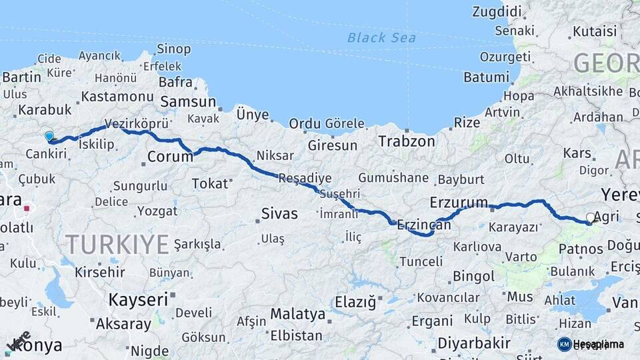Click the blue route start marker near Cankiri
(x=49, y=137)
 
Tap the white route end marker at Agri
(x=591, y=217)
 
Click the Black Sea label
(x=381, y=37)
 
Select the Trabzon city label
(x=406, y=141)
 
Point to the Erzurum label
(x=459, y=201)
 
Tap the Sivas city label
(x=279, y=213)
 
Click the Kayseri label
(x=139, y=299)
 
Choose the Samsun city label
(x=188, y=102)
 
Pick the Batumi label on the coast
(x=486, y=77)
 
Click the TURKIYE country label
(x=117, y=245)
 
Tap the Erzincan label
(x=423, y=226)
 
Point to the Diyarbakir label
(x=474, y=344)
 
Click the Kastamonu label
(x=113, y=97)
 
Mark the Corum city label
(x=170, y=157)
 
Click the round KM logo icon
(x=564, y=344)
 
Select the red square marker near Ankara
(x=27, y=208)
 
